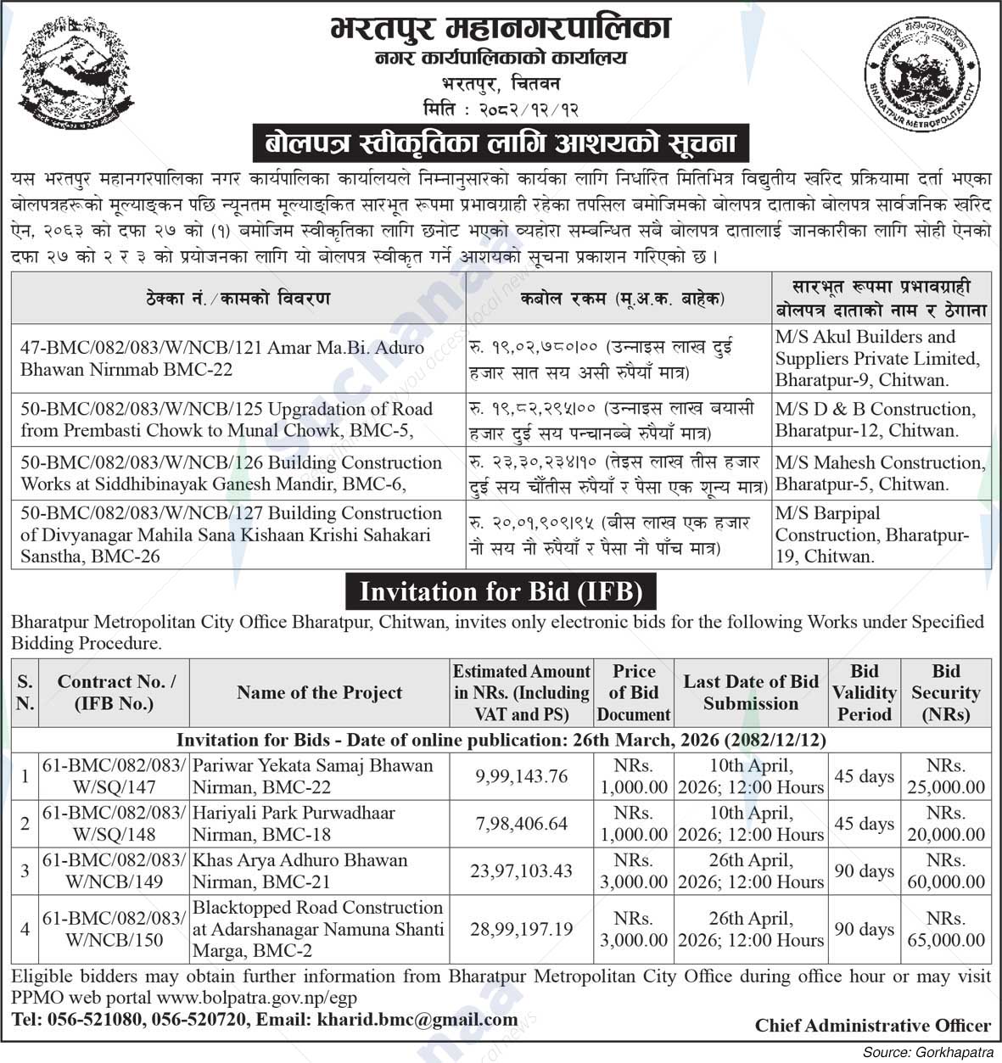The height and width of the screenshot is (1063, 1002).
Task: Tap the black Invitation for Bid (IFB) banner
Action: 501,591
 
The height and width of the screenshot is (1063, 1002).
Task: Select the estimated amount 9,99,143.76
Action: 521,776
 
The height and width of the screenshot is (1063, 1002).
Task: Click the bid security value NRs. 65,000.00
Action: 945,930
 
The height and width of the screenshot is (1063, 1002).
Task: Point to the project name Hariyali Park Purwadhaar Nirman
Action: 294,823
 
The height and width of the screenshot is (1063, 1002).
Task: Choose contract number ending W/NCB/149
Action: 114,870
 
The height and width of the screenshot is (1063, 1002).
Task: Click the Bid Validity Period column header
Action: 864,692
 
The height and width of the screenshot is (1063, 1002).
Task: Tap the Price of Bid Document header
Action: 633,692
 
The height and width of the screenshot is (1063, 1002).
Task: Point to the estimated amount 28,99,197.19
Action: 521,930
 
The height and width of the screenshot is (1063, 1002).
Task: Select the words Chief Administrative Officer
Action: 872,1026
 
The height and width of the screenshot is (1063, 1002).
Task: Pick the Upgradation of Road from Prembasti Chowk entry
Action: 227,419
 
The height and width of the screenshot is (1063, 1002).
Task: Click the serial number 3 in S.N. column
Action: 25,870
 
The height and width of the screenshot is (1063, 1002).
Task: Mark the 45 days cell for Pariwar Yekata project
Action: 864,776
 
